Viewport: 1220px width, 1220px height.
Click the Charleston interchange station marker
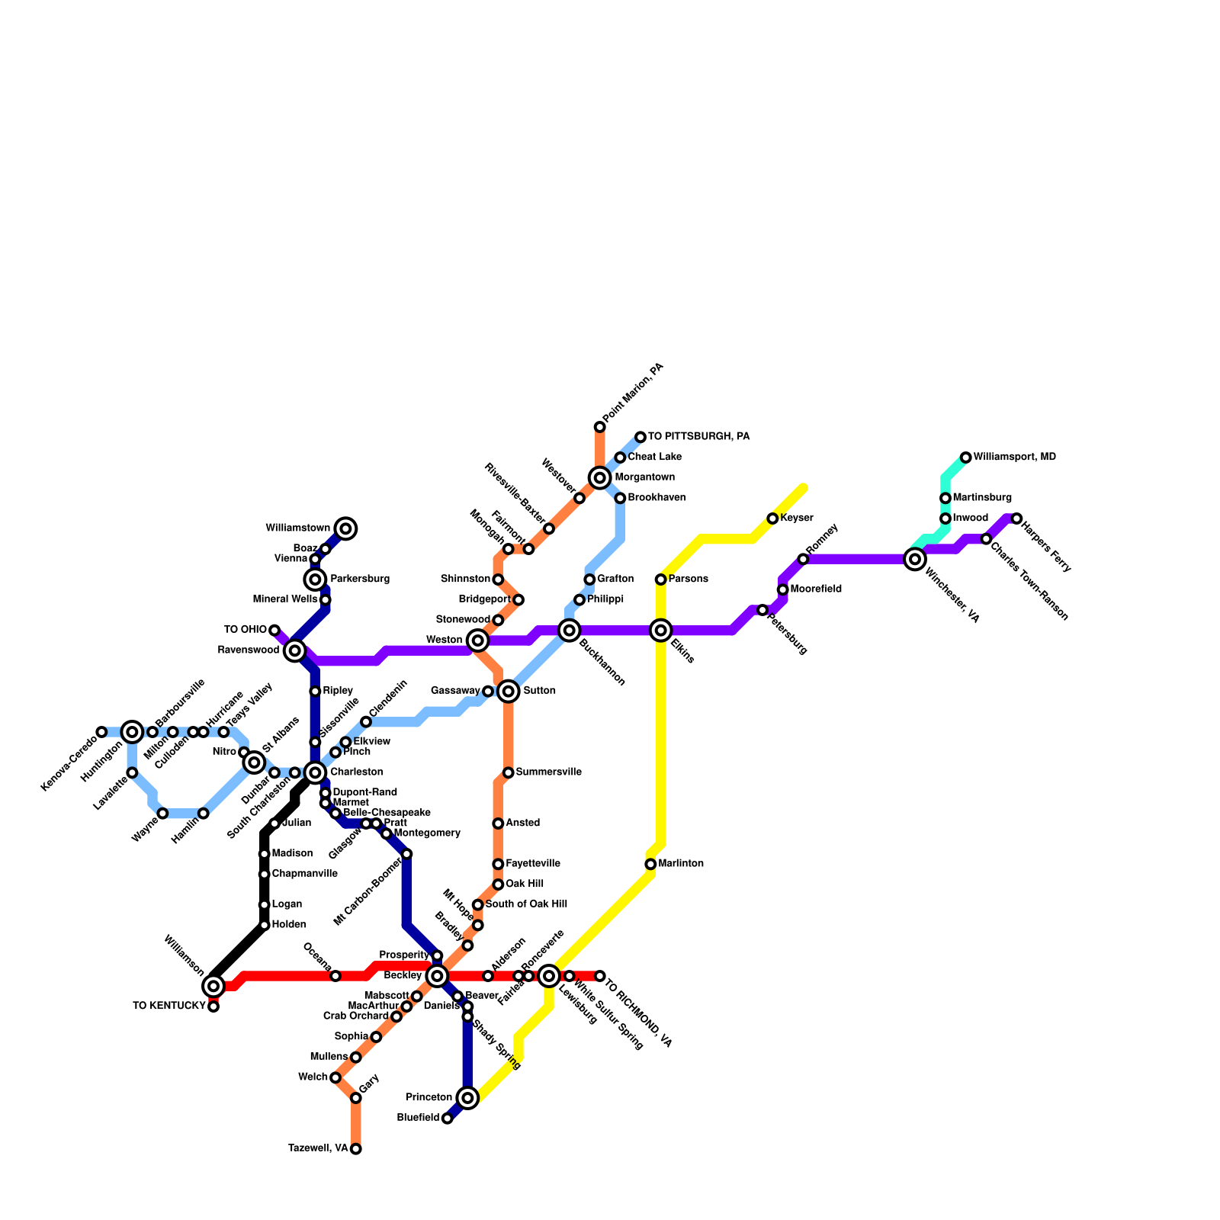point(315,772)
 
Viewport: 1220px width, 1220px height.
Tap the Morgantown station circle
point(600,478)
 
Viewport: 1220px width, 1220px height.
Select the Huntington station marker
point(133,732)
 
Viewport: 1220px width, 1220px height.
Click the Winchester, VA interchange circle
point(915,560)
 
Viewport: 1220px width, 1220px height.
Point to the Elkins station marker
point(661,631)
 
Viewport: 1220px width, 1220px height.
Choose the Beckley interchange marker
point(437,976)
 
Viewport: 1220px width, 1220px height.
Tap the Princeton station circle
point(467,1098)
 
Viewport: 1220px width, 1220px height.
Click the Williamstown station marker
point(345,528)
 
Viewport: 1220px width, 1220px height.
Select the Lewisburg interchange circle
point(549,976)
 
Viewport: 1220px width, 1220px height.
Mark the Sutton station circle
point(509,692)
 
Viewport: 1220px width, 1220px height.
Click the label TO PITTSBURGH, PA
point(698,437)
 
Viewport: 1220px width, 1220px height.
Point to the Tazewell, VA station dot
point(356,1149)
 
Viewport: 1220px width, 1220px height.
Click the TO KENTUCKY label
point(169,1006)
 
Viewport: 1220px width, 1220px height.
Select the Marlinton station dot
point(650,864)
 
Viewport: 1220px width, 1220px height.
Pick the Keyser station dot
point(772,518)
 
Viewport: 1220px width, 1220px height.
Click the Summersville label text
point(548,772)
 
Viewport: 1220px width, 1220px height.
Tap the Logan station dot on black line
point(265,905)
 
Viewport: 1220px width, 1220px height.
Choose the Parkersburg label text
point(359,579)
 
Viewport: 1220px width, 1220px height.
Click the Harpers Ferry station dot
point(1016,518)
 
